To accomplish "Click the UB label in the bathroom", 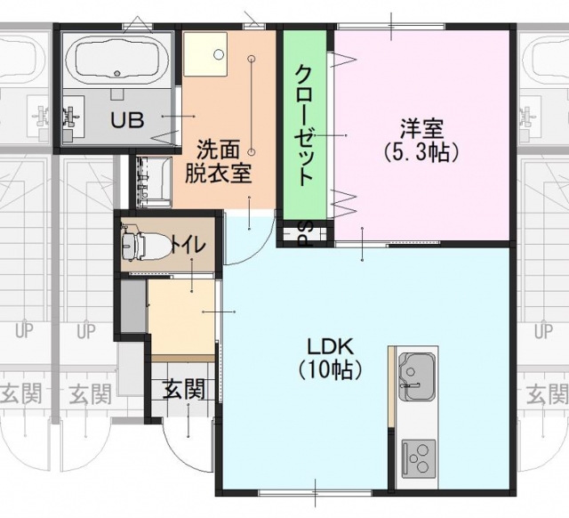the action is click(x=127, y=120).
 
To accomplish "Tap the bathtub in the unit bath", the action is click(x=116, y=60).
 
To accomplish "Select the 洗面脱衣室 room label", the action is click(x=218, y=162).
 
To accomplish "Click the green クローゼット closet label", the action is click(x=304, y=125).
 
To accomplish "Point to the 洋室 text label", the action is click(x=422, y=129).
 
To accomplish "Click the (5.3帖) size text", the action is click(x=422, y=152).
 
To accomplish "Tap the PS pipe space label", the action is click(x=305, y=233).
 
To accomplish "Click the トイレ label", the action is click(x=188, y=246).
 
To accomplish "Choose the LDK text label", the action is click(x=330, y=347).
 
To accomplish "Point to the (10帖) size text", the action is click(x=330, y=369).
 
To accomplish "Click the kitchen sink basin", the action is click(x=417, y=376).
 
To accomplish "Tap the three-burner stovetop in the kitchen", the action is click(x=419, y=459).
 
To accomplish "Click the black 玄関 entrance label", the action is click(x=184, y=390).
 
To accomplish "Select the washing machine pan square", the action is click(x=205, y=54).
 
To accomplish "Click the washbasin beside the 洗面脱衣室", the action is click(x=154, y=182).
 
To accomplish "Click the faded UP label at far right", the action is click(x=543, y=331).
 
